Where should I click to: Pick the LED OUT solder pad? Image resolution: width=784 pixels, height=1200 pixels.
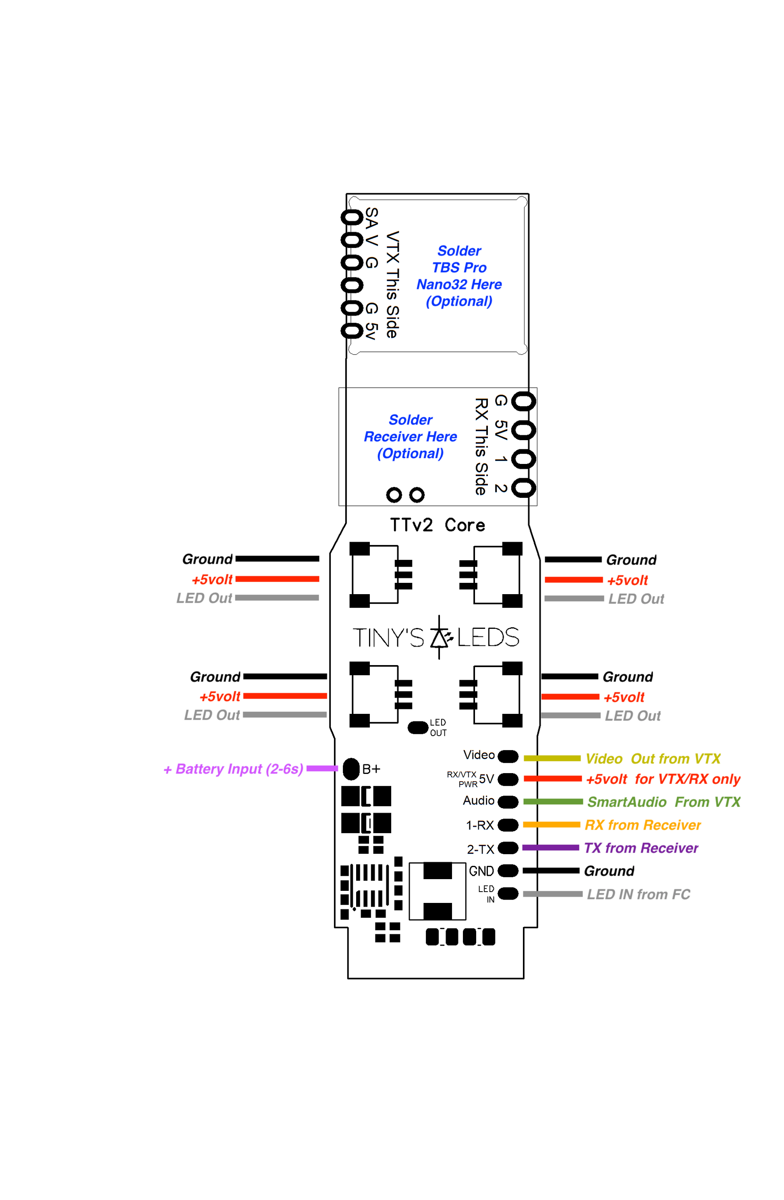tap(417, 728)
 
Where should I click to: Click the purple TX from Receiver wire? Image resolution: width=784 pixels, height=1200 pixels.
tap(550, 848)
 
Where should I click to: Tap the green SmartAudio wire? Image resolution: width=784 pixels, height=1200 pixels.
tap(552, 802)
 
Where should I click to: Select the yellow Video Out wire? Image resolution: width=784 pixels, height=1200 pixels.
tap(551, 758)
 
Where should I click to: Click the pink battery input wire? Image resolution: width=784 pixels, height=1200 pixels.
tap(321, 768)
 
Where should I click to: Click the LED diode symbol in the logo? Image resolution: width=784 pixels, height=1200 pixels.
tap(440, 637)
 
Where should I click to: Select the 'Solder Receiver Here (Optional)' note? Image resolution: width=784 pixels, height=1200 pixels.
tap(410, 437)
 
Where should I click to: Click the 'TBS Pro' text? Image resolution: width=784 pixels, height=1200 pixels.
tap(459, 267)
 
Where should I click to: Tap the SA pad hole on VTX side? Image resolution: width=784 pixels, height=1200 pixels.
tap(352, 217)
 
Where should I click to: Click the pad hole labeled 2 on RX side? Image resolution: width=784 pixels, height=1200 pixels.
tap(523, 488)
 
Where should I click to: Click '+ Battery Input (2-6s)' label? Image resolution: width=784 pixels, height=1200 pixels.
tap(233, 769)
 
